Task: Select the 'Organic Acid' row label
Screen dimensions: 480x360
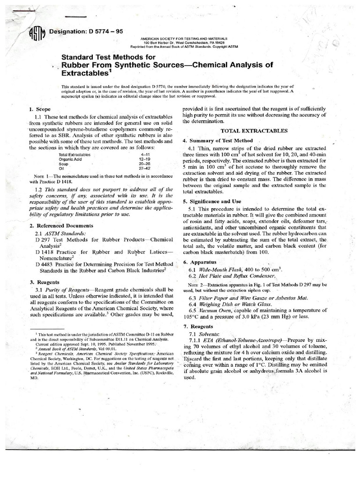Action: (71, 158)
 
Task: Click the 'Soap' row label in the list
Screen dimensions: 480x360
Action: (64, 163)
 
